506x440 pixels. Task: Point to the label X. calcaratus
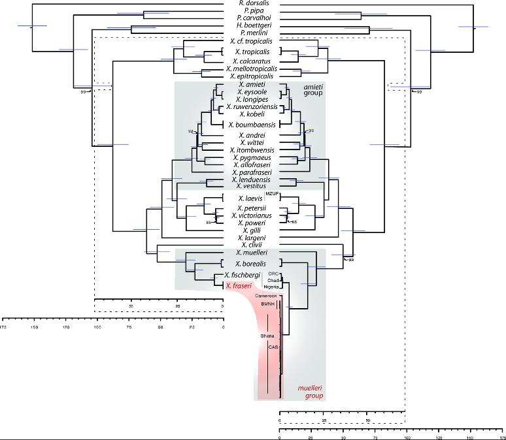point(252,60)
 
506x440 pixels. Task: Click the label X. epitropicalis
point(252,76)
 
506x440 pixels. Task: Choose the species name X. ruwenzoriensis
point(252,106)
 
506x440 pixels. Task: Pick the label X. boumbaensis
point(252,124)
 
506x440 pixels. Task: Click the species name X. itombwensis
point(252,150)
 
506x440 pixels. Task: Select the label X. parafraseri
point(252,172)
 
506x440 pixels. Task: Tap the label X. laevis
point(252,198)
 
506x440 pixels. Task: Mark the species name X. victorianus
point(252,215)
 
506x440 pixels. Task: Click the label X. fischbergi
point(243,275)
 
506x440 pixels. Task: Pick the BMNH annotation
point(267,304)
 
